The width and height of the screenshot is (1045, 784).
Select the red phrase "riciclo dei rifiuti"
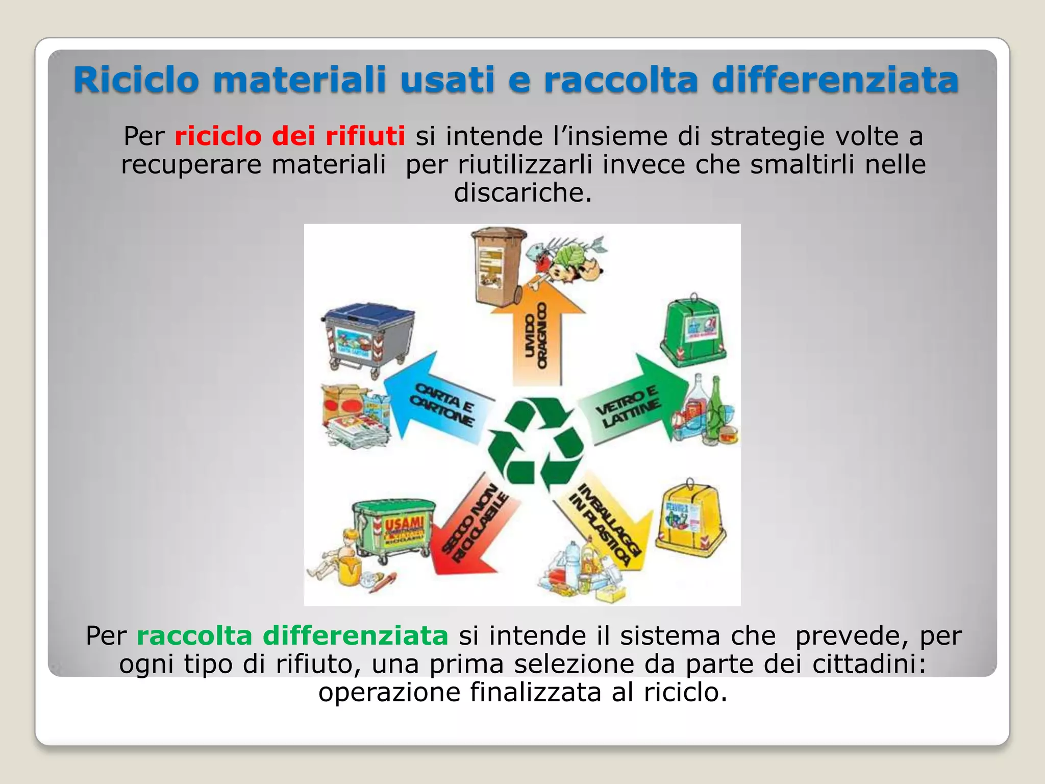point(289,136)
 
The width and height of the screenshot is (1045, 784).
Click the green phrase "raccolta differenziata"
point(292,636)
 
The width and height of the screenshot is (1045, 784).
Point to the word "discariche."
point(522,192)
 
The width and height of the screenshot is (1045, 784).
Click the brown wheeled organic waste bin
point(497,268)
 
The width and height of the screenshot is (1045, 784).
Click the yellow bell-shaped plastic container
point(690,518)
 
